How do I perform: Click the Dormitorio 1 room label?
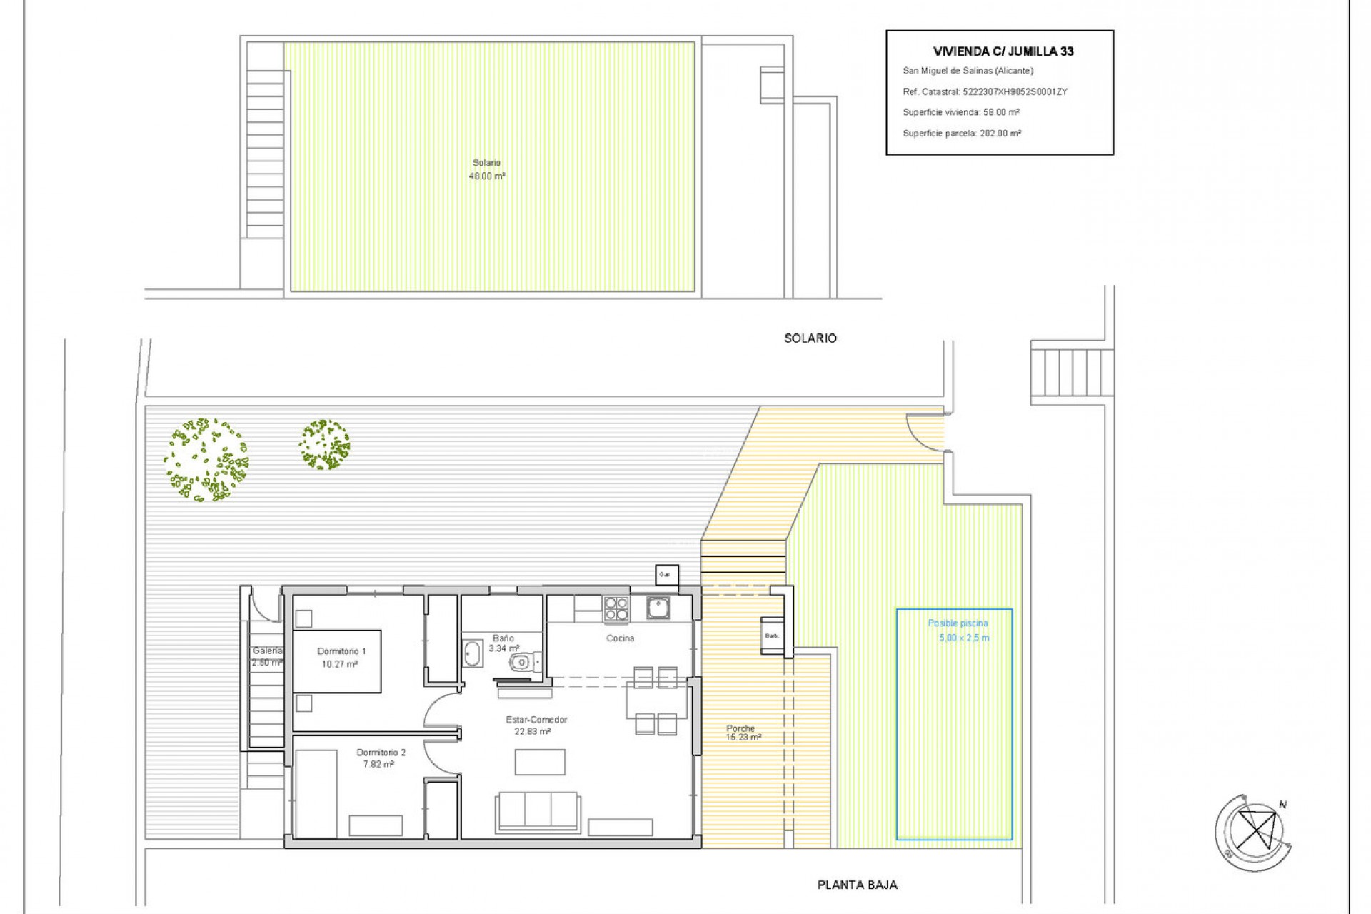click(341, 651)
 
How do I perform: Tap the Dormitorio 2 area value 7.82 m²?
click(378, 764)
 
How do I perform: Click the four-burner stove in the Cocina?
click(616, 609)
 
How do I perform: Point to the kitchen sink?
click(658, 608)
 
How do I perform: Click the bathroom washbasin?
click(472, 653)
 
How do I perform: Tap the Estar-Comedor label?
click(536, 720)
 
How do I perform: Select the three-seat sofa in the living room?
click(538, 811)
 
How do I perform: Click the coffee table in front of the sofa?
click(540, 762)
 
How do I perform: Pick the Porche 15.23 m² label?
click(743, 733)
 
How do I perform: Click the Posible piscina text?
click(958, 623)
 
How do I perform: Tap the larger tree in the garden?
click(206, 460)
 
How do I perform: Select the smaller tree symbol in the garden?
click(324, 444)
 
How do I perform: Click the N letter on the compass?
click(1282, 805)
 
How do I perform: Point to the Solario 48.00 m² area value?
click(487, 176)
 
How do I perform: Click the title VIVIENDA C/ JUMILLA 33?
click(1003, 51)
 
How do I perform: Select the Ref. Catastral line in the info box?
click(985, 91)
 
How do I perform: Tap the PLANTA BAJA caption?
click(857, 885)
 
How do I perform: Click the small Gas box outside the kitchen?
click(666, 575)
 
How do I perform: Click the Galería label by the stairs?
click(267, 651)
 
